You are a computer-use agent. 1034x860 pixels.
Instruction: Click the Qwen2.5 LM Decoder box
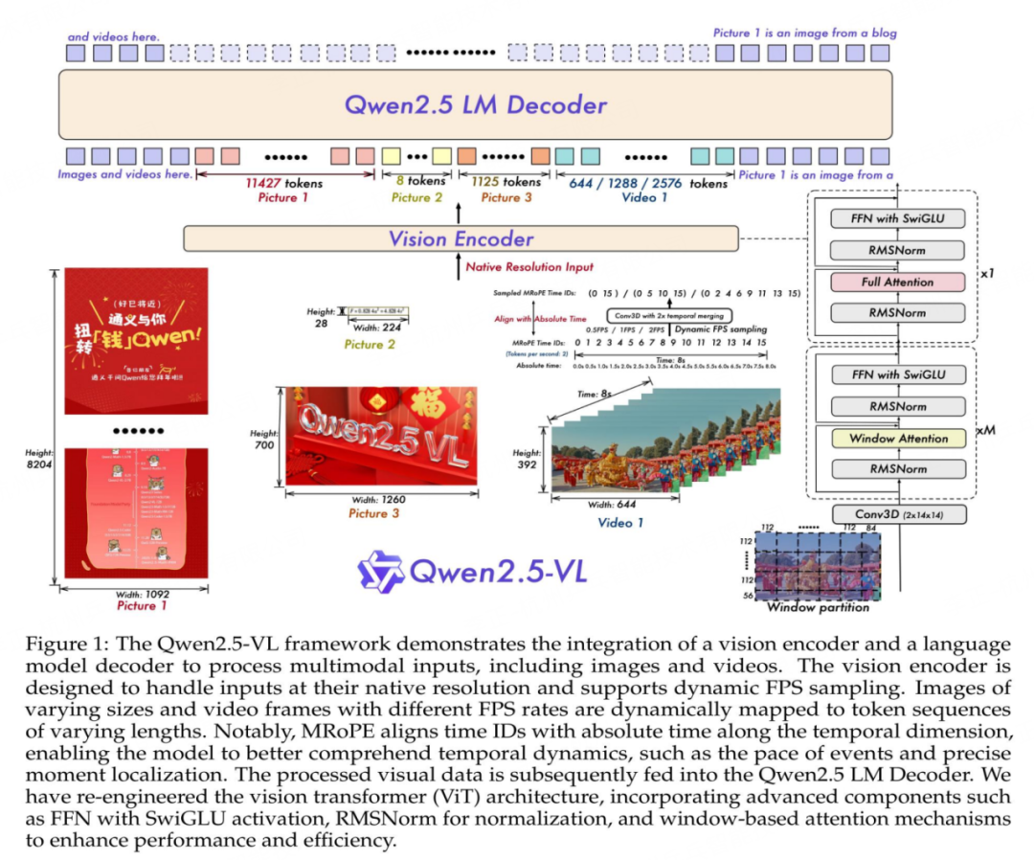coord(475,104)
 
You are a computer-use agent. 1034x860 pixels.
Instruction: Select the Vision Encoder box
coord(461,238)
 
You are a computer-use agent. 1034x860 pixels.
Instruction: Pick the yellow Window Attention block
coord(898,439)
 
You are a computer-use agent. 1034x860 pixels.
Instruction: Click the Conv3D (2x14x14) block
coord(898,514)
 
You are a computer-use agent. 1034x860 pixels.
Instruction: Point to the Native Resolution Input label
coord(529,267)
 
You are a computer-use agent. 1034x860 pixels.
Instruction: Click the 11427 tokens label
coord(283,183)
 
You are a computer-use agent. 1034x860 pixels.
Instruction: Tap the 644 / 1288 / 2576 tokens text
coord(648,183)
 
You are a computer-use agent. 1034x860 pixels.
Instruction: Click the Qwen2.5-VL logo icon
coord(380,571)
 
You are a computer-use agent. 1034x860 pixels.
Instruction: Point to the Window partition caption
coord(818,607)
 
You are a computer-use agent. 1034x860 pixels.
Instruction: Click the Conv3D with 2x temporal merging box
coord(669,315)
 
